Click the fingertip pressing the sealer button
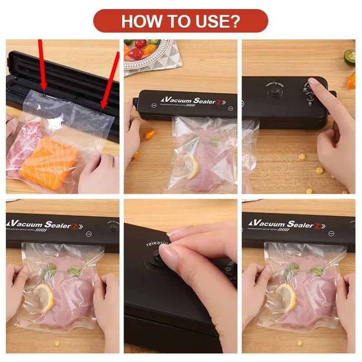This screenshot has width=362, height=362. tap(313, 82)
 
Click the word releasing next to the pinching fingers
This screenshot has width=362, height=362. tap(157, 243)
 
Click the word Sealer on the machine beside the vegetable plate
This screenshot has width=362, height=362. tap(208, 100)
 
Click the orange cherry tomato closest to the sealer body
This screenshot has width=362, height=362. tap(150, 134)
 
